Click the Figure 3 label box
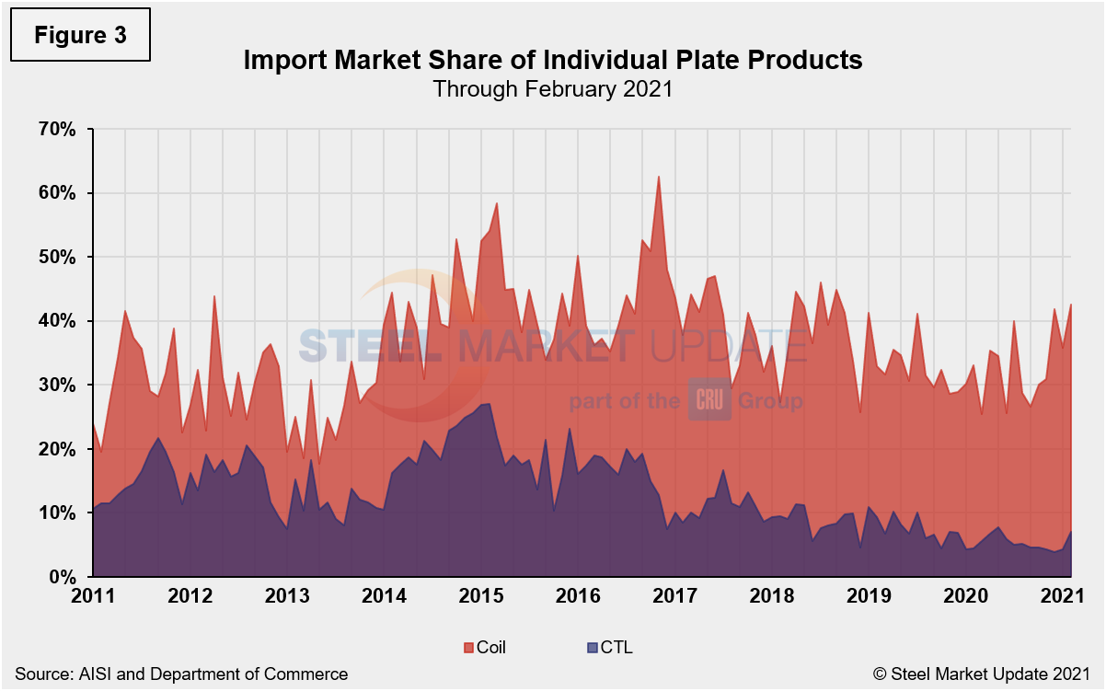tap(79, 35)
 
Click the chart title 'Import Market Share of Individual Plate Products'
tap(552, 61)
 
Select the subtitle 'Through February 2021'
tap(552, 89)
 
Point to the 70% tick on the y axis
tap(57, 129)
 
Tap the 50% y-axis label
tap(57, 257)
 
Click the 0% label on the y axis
tap(62, 577)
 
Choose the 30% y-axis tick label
tap(57, 385)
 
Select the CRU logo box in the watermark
tap(709, 401)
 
